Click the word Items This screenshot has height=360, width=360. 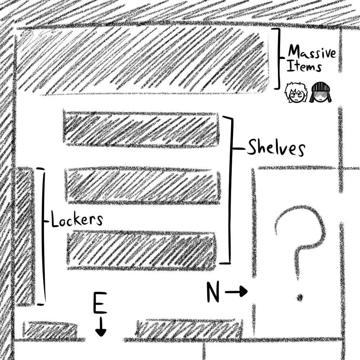tap(304, 67)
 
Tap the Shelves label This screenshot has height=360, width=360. tap(276, 148)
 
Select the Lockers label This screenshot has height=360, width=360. tap(77, 220)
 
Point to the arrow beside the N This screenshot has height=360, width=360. tap(237, 291)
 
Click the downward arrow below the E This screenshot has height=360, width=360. tap(101, 327)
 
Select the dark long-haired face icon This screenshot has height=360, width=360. tap(320, 93)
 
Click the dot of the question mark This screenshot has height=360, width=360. tap(300, 297)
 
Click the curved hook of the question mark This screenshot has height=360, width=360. tap(301, 227)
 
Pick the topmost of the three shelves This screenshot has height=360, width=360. tap(141, 129)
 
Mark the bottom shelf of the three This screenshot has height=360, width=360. tap(141, 250)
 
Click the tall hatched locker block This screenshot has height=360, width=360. tap(24, 236)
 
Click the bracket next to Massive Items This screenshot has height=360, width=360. tap(278, 58)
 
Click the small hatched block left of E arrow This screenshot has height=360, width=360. tap(50, 330)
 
